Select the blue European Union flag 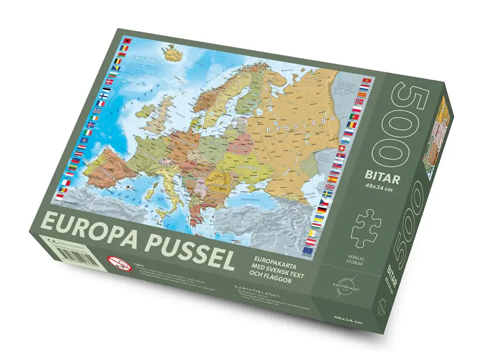click(x=307, y=250)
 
